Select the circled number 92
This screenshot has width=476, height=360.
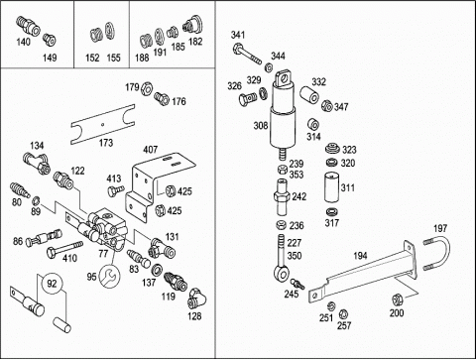coord(52,284)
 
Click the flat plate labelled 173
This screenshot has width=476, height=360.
coord(103,124)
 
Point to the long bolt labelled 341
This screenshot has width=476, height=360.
coord(247,55)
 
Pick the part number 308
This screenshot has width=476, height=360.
coord(261,126)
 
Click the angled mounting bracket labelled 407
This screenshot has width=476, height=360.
coord(156,185)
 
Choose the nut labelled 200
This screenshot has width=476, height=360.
coord(397,300)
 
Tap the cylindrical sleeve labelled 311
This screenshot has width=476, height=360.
coord(331,186)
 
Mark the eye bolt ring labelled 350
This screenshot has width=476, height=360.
coord(282,273)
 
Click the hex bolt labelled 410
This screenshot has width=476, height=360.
coord(64,249)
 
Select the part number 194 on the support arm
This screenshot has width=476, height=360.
coord(360,256)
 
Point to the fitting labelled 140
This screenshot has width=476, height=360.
coord(28,26)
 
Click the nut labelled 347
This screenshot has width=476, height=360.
coord(326,106)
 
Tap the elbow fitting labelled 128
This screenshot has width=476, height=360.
coord(196,299)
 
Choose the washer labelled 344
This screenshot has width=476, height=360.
coord(269,67)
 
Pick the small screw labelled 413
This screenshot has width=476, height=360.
coord(115,190)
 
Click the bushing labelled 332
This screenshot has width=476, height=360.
coord(310,94)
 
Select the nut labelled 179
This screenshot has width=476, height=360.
coord(146,88)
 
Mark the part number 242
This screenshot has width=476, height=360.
coord(298,197)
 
